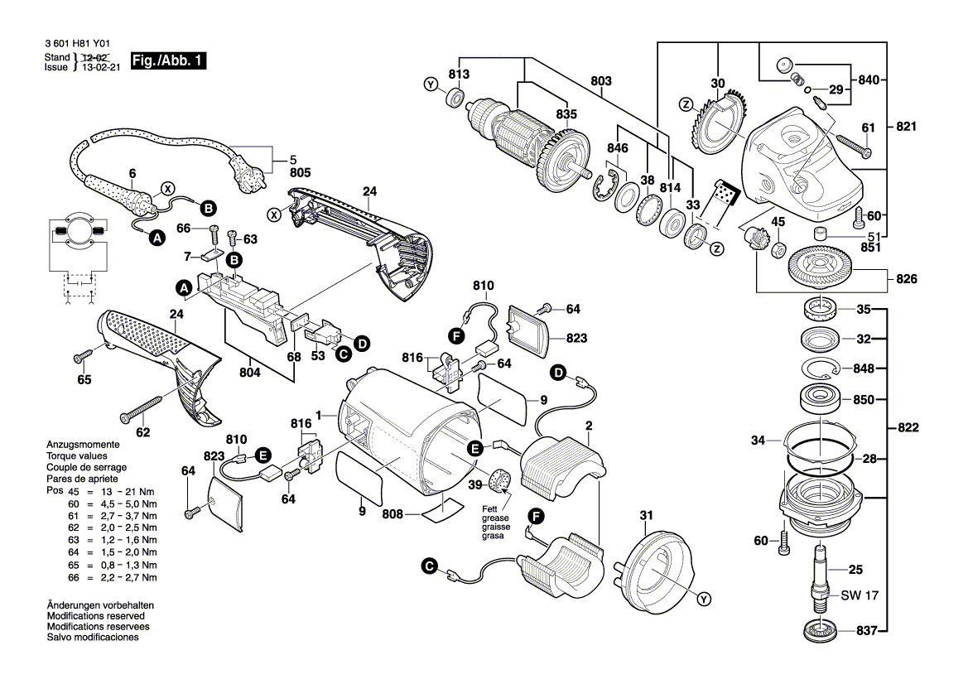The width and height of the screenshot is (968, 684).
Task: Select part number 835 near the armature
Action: coord(566,114)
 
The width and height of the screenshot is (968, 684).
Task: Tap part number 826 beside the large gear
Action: coord(907,279)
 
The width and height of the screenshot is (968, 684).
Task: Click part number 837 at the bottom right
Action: coord(866,630)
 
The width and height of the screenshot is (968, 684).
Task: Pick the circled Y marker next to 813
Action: coord(430,84)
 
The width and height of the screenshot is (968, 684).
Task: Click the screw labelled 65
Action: coord(82,356)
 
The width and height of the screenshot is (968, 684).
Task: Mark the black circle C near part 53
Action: coord(342,353)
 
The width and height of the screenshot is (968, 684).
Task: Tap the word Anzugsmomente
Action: coord(81,445)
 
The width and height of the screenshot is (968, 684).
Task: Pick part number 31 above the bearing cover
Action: coord(647,516)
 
